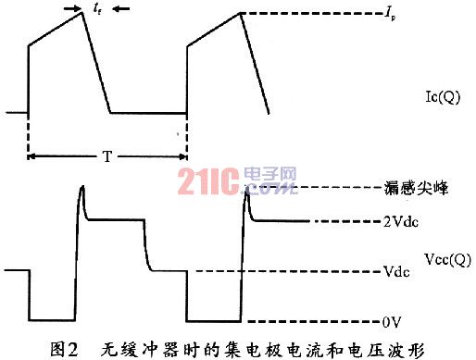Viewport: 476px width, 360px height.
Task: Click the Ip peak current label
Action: coord(390,15)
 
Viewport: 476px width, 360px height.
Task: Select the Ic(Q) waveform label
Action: coord(443,97)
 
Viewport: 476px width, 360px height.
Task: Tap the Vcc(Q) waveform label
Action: coord(447,260)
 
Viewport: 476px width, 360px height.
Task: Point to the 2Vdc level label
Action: coord(401,221)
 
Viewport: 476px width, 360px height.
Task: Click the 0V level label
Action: coord(392,322)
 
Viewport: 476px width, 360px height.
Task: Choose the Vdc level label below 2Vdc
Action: coord(396,271)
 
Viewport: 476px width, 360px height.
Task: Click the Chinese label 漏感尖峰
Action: coord(416,188)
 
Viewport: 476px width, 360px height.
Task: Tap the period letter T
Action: coord(106,156)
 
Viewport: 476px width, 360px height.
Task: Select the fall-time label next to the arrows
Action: coord(97,9)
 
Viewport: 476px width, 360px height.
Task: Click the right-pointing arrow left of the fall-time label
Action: coord(72,9)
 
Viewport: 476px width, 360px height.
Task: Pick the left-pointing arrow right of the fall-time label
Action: coord(121,9)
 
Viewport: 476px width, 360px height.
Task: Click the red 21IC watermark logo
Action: coord(208,181)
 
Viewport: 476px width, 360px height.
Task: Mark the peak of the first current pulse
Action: coord(82,12)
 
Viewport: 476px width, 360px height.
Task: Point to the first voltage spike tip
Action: coord(82,186)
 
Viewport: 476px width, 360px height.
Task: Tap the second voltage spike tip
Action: coord(246,187)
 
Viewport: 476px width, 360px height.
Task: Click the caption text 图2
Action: coord(64,350)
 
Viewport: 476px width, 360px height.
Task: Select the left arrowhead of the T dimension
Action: coord(31,157)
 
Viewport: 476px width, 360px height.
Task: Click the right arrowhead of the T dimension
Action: coord(183,157)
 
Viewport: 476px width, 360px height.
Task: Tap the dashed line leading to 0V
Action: coord(314,322)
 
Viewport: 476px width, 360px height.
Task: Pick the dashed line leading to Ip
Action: coord(311,13)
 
